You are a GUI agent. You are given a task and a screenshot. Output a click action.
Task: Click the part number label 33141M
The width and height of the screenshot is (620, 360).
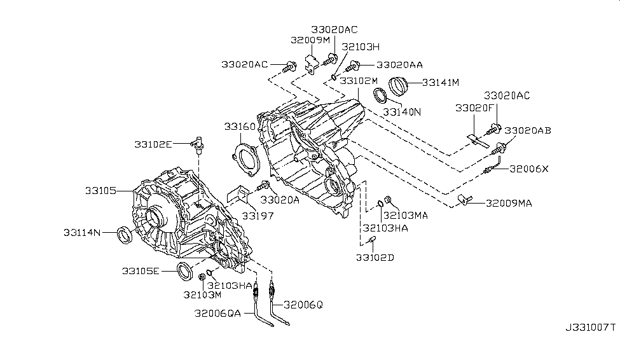[x=441, y=83]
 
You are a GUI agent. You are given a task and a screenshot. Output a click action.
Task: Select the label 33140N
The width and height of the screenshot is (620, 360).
[x=403, y=112]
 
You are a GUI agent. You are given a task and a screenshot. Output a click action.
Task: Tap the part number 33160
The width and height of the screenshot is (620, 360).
[x=239, y=127]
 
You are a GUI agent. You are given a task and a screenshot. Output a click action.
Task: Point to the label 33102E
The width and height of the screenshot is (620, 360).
[x=153, y=144]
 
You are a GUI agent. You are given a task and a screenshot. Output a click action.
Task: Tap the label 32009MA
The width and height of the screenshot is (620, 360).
[x=509, y=204]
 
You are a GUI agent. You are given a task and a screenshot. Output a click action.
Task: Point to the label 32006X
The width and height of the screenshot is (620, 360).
[x=527, y=169]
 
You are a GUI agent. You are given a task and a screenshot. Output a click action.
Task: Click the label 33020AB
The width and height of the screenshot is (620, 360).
[x=528, y=130]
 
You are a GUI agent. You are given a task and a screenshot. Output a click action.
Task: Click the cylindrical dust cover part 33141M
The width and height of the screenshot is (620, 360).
[x=401, y=85]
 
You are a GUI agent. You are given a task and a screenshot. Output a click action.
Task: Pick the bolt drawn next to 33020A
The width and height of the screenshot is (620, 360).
[x=263, y=186]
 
